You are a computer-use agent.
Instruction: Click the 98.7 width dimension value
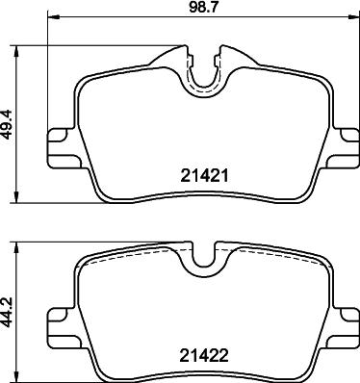pos(204,7)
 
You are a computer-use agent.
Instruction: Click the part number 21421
pos(204,176)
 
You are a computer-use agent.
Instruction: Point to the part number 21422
pos(204,355)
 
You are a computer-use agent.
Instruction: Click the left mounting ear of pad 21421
pos(63,148)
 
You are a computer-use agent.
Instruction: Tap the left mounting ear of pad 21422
pos(63,327)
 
